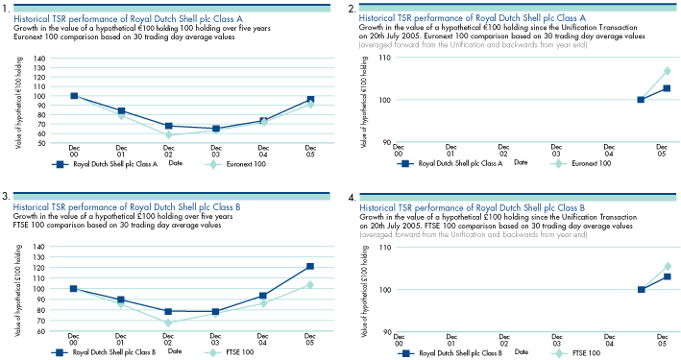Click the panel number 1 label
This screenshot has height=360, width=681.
coord(7,8)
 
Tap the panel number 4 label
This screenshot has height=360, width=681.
coord(353,198)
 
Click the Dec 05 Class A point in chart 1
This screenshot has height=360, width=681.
coord(310,99)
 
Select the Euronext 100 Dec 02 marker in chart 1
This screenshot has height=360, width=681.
coord(168,135)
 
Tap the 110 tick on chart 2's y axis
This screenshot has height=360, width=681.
coord(384,59)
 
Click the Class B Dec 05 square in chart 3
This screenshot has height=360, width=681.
coord(310,266)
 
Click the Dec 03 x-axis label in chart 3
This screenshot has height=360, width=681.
coord(215,341)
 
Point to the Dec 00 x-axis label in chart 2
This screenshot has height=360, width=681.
coord(399,151)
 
